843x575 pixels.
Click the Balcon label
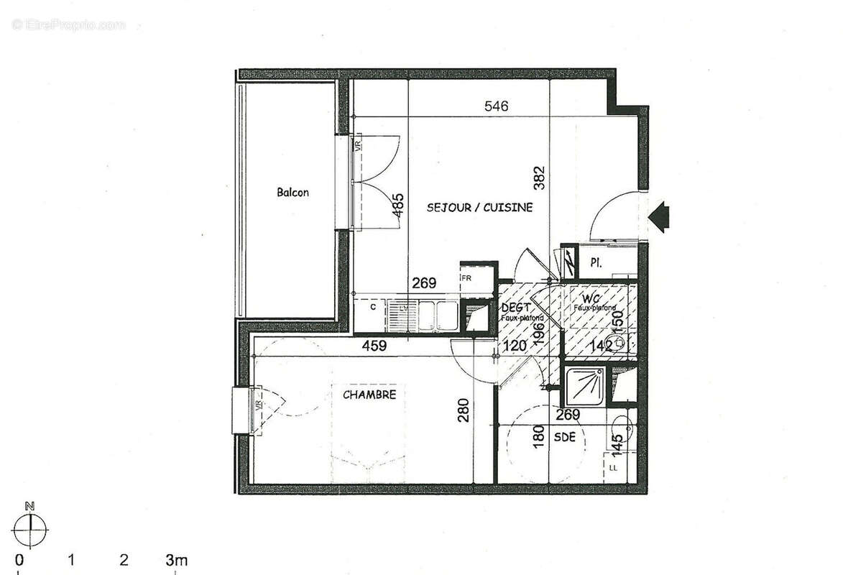tap(292, 193)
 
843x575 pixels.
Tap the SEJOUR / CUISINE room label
tap(479, 208)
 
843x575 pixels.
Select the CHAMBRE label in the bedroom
tap(369, 395)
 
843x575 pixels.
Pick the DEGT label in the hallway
tap(515, 308)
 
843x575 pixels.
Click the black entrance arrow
tap(659, 216)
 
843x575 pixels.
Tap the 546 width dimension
tap(496, 106)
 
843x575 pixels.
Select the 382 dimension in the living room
tap(540, 178)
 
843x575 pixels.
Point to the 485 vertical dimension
tap(397, 206)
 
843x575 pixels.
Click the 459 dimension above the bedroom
tap(374, 346)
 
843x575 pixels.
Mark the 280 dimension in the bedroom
tap(464, 410)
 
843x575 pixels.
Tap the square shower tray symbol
tap(584, 387)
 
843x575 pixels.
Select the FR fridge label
tap(466, 277)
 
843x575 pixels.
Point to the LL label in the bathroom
tap(613, 468)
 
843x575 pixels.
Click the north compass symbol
tap(30, 530)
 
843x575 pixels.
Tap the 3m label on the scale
tap(176, 559)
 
